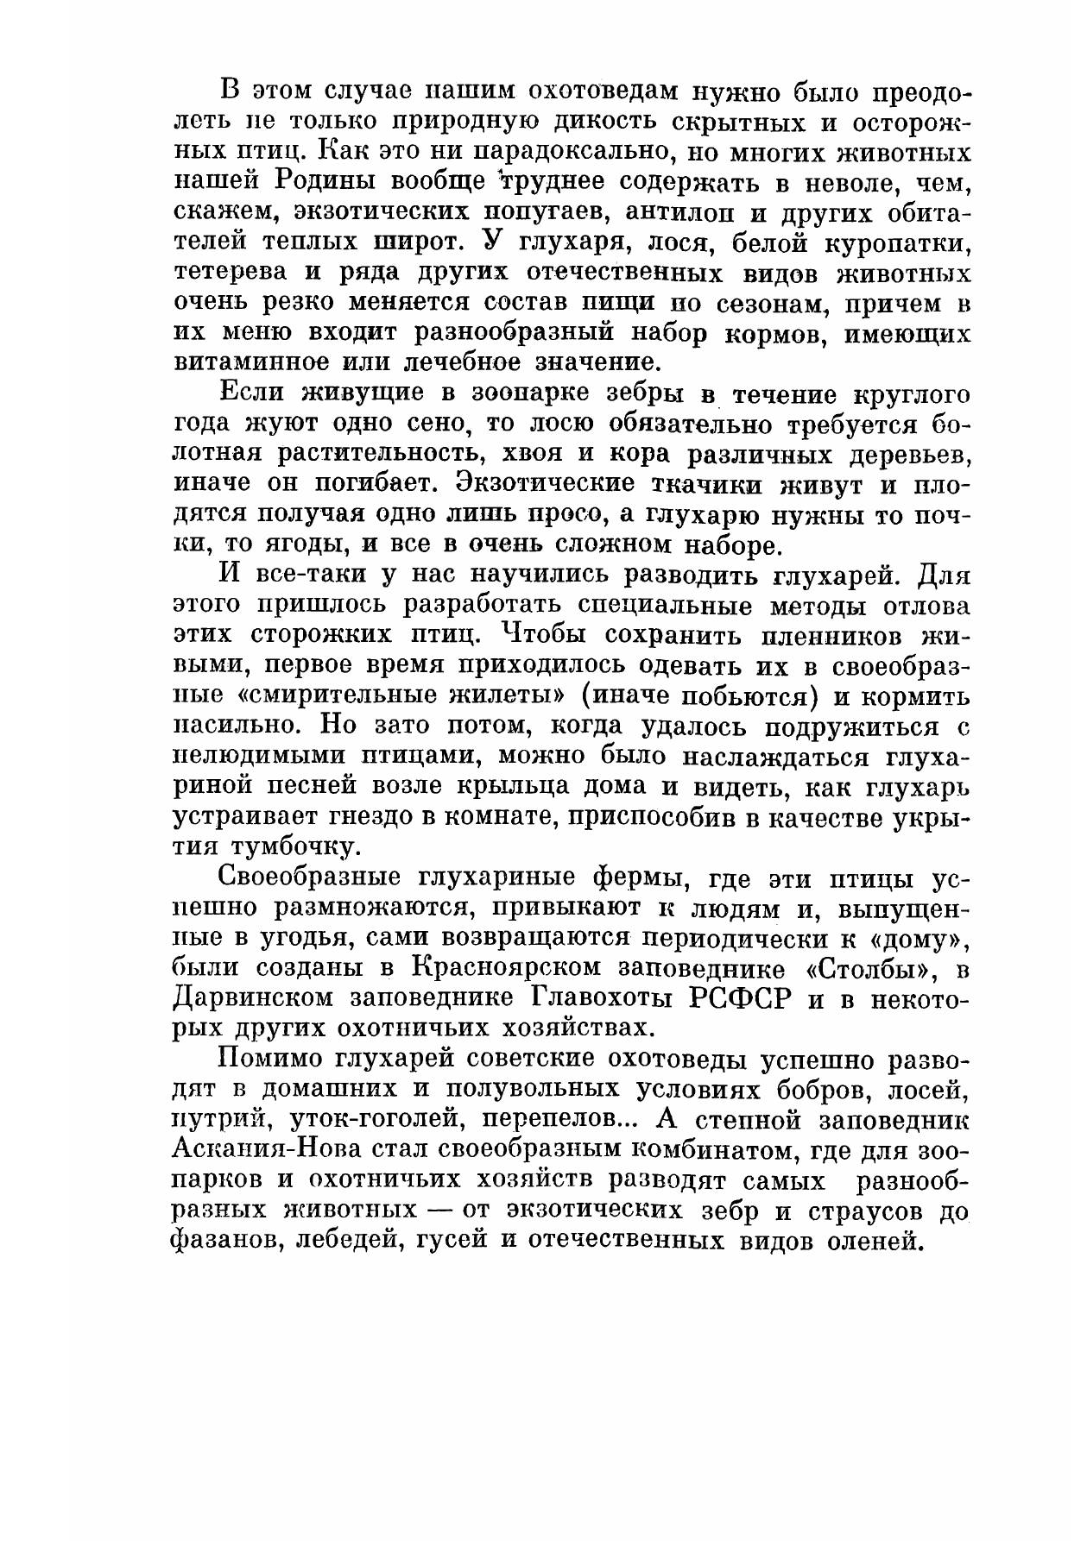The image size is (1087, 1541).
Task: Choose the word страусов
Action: [869, 1211]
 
